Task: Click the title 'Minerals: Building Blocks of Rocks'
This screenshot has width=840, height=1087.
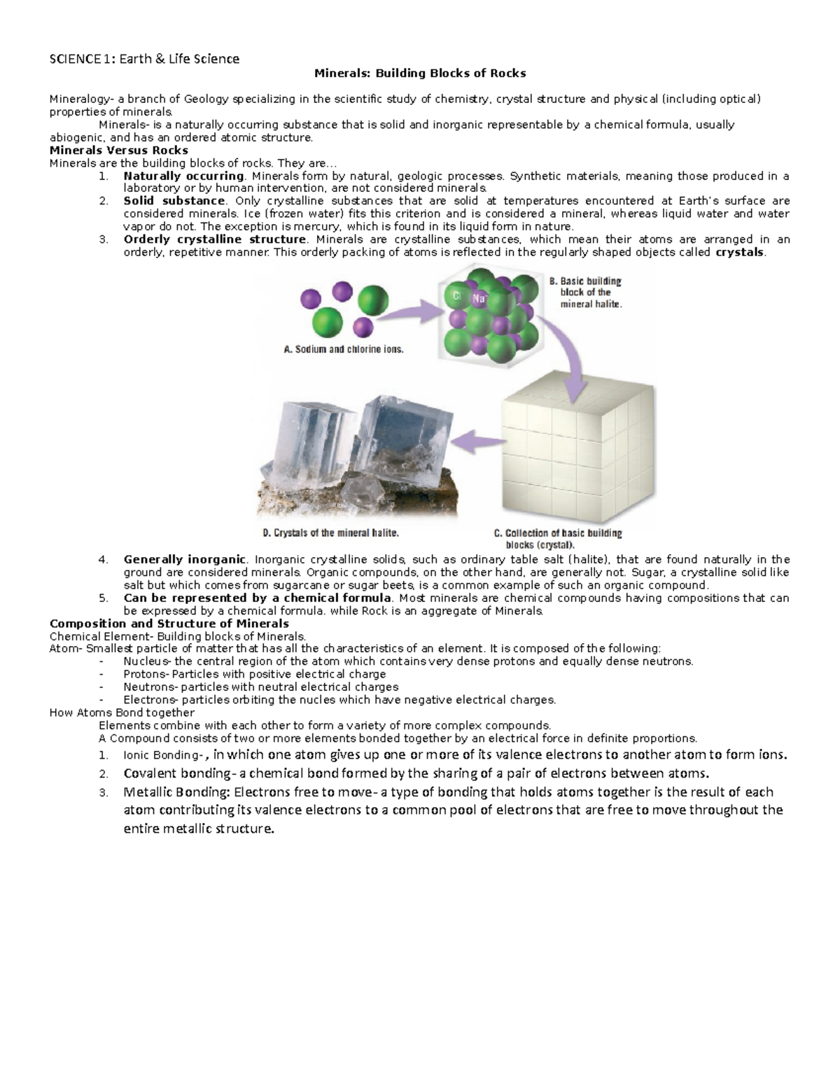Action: [x=419, y=73]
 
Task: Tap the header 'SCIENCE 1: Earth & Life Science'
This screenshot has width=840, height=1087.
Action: [x=144, y=59]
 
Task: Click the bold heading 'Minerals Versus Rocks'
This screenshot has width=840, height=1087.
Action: [x=118, y=150]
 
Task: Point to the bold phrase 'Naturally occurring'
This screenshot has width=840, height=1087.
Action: [x=183, y=176]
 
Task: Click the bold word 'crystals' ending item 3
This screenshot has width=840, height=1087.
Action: [x=739, y=252]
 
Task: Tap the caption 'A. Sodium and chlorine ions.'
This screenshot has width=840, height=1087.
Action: [x=343, y=349]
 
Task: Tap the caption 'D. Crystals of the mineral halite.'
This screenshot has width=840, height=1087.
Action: [x=330, y=533]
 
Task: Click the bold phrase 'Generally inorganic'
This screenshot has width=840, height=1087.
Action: [x=184, y=559]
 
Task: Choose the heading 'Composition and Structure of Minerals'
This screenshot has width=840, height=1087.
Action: [x=169, y=624]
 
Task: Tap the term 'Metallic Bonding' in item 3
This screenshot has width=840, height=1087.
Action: [x=176, y=792]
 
